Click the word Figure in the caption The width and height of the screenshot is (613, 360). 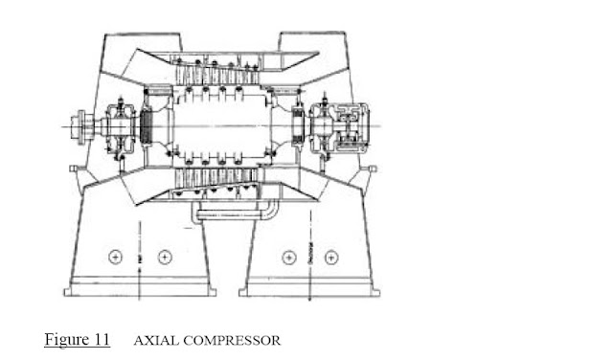64,339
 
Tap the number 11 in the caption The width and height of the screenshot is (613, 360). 100,339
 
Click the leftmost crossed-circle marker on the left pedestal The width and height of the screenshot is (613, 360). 117,256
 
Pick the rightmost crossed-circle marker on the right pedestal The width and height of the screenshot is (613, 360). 331,256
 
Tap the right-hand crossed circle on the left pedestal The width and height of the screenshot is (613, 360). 164,256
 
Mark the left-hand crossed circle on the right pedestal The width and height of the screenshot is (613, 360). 285,256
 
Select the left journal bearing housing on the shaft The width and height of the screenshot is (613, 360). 122,124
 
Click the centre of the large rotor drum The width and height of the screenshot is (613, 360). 220,124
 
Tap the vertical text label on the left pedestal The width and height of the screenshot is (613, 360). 141,256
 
